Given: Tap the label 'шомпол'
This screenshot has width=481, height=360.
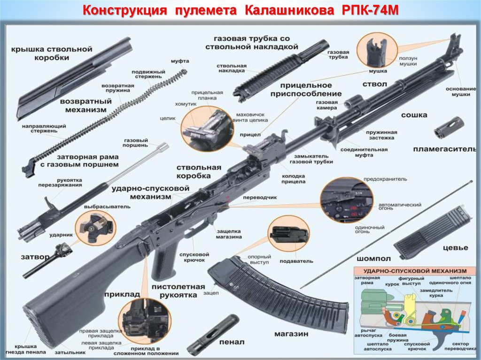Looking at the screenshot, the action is point(374,259).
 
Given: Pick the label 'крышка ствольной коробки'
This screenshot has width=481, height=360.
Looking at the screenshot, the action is point(52,53).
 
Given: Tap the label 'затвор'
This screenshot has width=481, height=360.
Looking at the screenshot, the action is point(35,257).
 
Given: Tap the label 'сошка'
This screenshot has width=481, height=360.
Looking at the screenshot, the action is point(414,115).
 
